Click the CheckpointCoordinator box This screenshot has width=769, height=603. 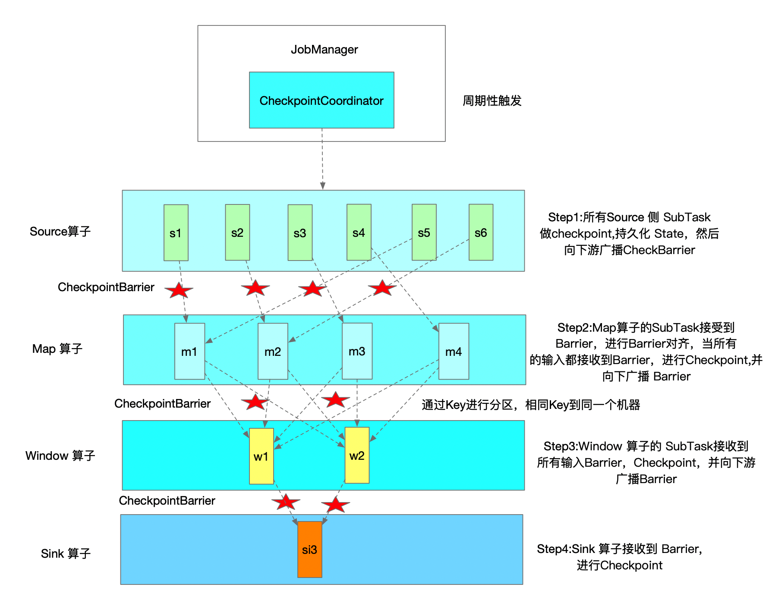321,100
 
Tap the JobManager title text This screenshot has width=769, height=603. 324,50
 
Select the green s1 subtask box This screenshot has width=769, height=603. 176,232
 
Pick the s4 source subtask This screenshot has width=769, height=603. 359,232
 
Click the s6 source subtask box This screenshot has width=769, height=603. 481,232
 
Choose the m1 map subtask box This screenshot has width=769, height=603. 189,351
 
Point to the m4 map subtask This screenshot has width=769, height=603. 454,351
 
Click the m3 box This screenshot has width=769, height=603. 357,351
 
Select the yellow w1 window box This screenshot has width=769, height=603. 261,456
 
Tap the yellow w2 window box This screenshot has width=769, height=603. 357,455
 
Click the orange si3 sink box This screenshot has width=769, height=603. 309,549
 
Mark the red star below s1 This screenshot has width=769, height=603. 179,290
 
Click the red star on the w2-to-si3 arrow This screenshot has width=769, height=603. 335,505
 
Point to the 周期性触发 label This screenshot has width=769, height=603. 492,100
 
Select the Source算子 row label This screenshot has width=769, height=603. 60,232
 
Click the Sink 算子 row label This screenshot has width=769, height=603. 66,553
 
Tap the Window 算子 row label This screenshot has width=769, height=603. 60,455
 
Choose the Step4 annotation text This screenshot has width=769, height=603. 620,557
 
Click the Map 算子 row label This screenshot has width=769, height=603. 57,349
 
